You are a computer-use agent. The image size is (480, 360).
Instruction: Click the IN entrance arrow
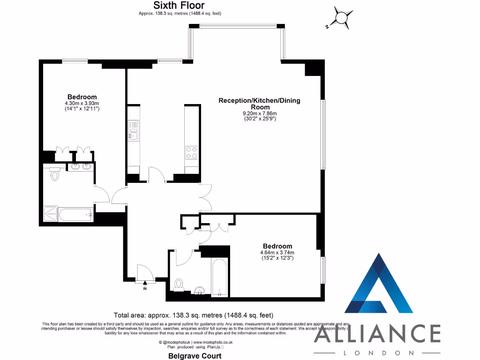coord(145,283)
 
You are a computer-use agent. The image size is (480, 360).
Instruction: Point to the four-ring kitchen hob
coord(191,153)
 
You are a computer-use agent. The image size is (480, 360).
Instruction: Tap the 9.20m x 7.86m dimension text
coord(259,113)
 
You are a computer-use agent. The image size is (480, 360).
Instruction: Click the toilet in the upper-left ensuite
coord(55,174)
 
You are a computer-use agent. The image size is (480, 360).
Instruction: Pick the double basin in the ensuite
coord(81,166)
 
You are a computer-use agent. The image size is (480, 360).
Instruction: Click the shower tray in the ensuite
coord(50,214)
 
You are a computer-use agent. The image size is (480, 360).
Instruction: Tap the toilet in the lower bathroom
coord(179,284)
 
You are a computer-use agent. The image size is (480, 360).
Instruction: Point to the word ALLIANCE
coord(377,334)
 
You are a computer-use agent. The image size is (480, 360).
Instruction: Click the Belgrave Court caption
coord(195,356)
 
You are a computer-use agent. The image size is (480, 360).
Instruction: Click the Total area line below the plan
coord(194,315)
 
